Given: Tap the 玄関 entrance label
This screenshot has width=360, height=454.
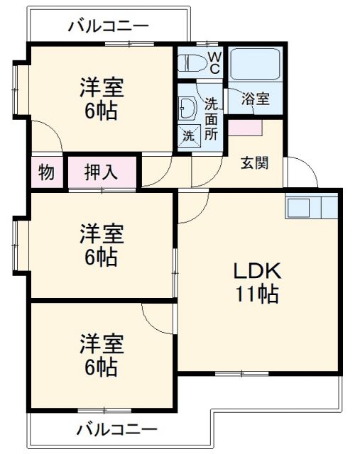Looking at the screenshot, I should pyautogui.click(x=254, y=162).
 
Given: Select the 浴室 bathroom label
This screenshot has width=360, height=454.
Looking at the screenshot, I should pyautogui.click(x=256, y=99).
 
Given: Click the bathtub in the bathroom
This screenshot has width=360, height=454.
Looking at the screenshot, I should pyautogui.click(x=256, y=65).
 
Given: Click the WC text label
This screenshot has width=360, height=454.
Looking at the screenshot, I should pyautogui.click(x=214, y=62).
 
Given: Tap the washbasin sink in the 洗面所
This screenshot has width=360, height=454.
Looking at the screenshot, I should pyautogui.click(x=189, y=108).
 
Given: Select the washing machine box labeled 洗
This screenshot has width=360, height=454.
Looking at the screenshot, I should pyautogui.click(x=190, y=135).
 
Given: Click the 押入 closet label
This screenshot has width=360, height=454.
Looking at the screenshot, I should pyautogui.click(x=102, y=172).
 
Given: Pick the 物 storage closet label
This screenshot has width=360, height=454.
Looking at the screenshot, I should pyautogui.click(x=46, y=172).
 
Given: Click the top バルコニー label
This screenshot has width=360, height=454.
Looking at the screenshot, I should pyautogui.click(x=109, y=27).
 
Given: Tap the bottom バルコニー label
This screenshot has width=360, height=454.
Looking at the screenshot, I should pyautogui.click(x=116, y=430).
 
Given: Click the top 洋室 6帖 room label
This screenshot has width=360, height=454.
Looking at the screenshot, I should pyautogui.click(x=102, y=99).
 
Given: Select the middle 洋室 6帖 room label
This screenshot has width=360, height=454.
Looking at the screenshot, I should pyautogui.click(x=102, y=245).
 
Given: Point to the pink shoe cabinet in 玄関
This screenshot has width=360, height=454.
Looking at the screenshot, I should pyautogui.click(x=245, y=128).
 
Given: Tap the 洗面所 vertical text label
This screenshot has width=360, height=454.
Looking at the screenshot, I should pyautogui.click(x=211, y=117).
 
